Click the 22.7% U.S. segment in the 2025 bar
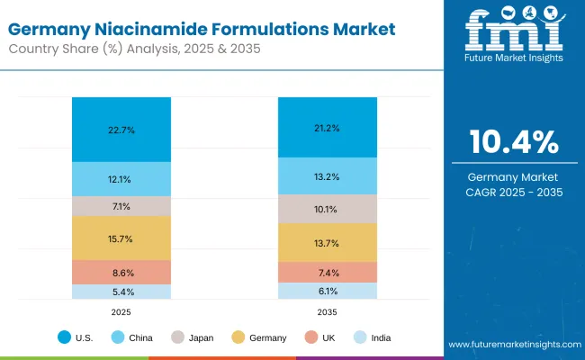(x=121, y=130)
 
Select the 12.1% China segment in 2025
(x=121, y=179)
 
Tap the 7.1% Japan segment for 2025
(x=121, y=206)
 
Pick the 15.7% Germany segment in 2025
(x=121, y=238)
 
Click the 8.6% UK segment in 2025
(x=121, y=272)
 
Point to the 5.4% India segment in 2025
(x=121, y=292)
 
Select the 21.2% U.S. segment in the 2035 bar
(x=327, y=127)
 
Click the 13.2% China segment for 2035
(x=327, y=176)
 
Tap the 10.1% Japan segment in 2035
(x=327, y=209)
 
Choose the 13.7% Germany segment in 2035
(x=327, y=243)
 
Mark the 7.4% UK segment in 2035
(x=327, y=272)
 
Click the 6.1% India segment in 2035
(x=327, y=291)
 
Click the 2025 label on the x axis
(x=121, y=311)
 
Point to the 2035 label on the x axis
(x=327, y=311)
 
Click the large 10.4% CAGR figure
(x=513, y=142)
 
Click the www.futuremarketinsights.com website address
(x=513, y=346)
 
